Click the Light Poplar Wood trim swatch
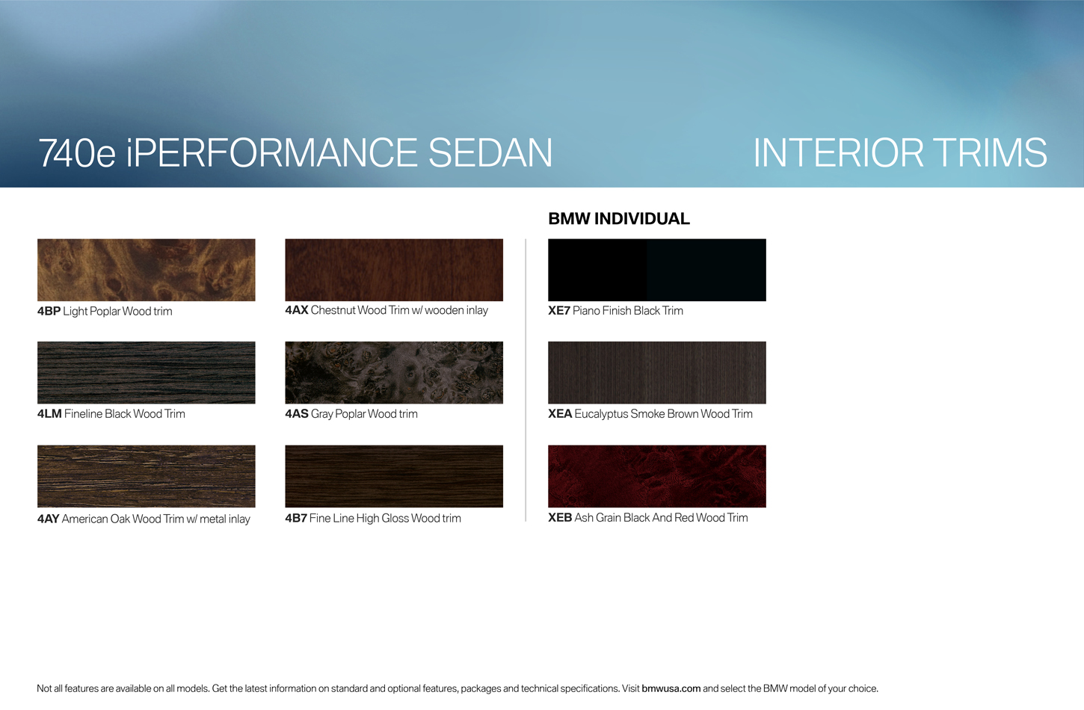(146, 270)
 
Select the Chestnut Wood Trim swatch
(394, 270)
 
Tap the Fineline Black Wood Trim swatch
(146, 373)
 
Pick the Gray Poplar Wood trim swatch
(394, 373)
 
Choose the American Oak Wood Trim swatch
(146, 476)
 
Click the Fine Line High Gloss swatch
(394, 476)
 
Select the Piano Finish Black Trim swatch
(656, 270)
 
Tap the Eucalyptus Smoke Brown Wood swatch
(656, 373)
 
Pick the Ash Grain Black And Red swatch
(656, 476)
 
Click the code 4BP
(49, 311)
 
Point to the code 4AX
(297, 310)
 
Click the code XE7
(559, 310)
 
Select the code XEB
(560, 517)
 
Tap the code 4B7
(296, 518)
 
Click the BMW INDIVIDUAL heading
(619, 219)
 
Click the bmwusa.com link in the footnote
(671, 688)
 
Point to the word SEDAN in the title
(490, 152)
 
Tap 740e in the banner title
(77, 152)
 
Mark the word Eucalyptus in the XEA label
(601, 414)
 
